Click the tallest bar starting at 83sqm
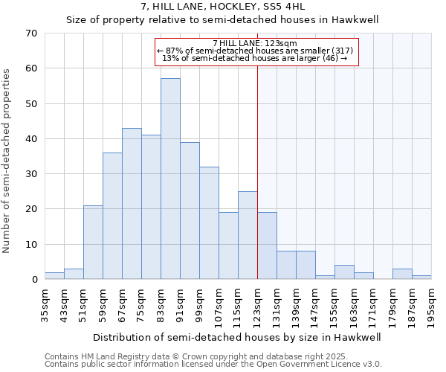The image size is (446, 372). click(170, 179)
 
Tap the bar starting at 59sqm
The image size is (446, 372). click(112, 216)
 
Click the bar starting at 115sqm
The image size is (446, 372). click(248, 235)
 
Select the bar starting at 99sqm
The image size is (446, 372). click(209, 222)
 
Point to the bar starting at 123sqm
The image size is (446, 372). click(267, 246)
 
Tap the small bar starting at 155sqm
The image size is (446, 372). click(344, 272)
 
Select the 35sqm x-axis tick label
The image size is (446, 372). click(45, 305)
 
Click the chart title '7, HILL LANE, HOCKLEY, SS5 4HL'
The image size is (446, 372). click(222, 7)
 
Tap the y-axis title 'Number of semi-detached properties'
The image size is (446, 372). click(7, 161)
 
